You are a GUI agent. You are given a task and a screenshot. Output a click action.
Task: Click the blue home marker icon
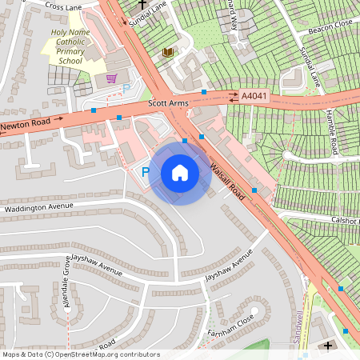180,173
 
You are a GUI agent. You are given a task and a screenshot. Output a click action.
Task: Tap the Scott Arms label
167,104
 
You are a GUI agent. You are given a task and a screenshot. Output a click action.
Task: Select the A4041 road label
254,97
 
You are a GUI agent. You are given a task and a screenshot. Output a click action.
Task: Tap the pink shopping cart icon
111,78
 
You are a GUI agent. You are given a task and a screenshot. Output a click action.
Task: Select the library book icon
168,52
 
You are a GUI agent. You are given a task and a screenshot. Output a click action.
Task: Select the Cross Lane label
64,6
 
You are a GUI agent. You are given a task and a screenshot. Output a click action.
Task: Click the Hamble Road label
331,129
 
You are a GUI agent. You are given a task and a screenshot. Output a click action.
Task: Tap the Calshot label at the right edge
344,219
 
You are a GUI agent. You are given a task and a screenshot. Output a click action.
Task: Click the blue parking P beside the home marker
146,172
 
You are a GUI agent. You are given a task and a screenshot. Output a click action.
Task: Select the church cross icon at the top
142,4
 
